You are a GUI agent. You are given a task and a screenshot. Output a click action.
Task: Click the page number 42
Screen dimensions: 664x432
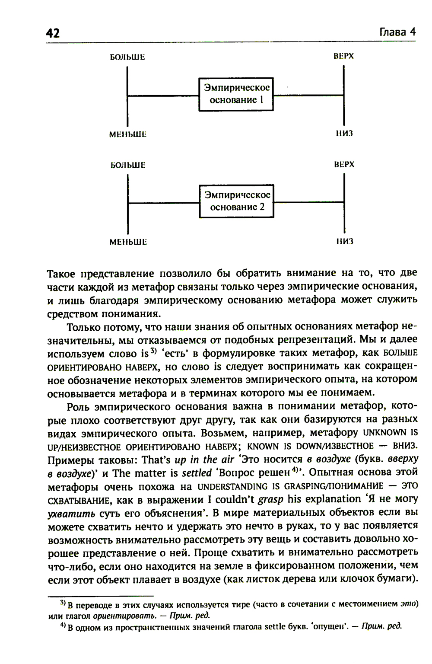click(53, 33)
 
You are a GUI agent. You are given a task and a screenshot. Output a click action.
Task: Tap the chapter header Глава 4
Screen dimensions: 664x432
click(397, 32)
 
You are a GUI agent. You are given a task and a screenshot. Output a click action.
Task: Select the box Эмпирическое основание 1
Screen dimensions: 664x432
click(236, 94)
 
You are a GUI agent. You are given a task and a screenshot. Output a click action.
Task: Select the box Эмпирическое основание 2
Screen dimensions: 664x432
click(236, 201)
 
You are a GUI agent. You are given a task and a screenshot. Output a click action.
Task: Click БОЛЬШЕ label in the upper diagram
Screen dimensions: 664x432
click(127, 57)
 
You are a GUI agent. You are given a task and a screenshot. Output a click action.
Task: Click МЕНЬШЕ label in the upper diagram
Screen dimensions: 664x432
click(128, 134)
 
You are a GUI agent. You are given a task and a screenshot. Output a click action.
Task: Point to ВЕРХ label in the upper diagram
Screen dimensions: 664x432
click(344, 56)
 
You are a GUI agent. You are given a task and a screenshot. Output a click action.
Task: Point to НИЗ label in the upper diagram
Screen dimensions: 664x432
click(344, 134)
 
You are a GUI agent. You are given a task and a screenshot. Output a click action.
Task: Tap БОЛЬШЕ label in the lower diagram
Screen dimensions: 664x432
click(128, 165)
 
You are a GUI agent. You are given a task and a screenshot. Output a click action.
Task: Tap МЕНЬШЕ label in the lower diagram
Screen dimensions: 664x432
click(128, 242)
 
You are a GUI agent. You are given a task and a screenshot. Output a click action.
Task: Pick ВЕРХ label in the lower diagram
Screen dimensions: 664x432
click(344, 164)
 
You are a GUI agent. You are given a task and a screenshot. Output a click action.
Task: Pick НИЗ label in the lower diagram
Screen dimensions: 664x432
click(345, 241)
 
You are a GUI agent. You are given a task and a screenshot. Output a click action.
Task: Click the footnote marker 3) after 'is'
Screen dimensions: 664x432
click(153, 350)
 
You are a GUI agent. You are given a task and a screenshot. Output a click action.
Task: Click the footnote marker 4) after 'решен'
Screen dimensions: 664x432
click(296, 469)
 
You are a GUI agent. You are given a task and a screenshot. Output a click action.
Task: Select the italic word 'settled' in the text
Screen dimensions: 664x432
click(197, 473)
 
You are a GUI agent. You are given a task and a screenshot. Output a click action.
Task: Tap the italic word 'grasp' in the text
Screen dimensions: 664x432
click(270, 500)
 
